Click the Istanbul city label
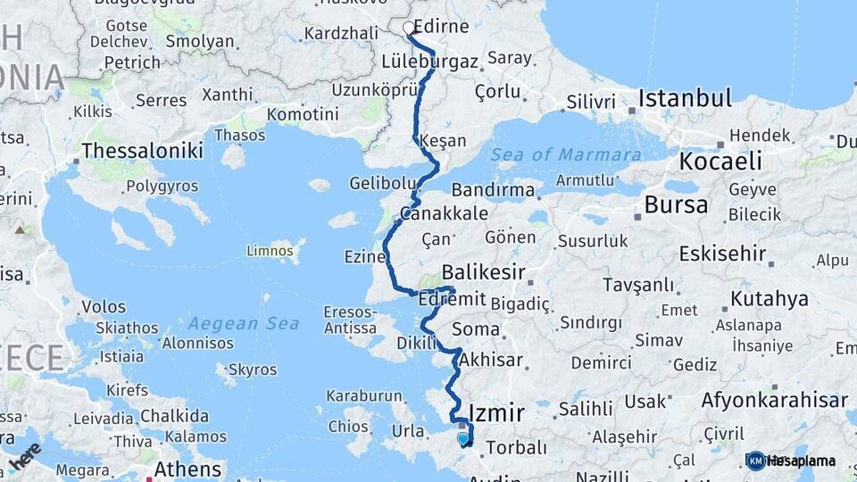pos(684,97)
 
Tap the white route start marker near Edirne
pos(409,29)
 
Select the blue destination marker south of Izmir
pos(463,438)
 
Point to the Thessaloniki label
pos(143,151)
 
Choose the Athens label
pos(187,469)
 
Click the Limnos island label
pos(270,251)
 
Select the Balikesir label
pos(483,272)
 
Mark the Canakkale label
pos(445,213)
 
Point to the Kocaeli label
pos(720,162)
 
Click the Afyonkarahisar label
pos(773,400)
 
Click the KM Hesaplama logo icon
pos(755,461)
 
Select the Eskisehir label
pos(722,253)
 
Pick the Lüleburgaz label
pos(429,62)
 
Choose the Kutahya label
pos(770,298)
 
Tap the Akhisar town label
pos(490,361)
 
